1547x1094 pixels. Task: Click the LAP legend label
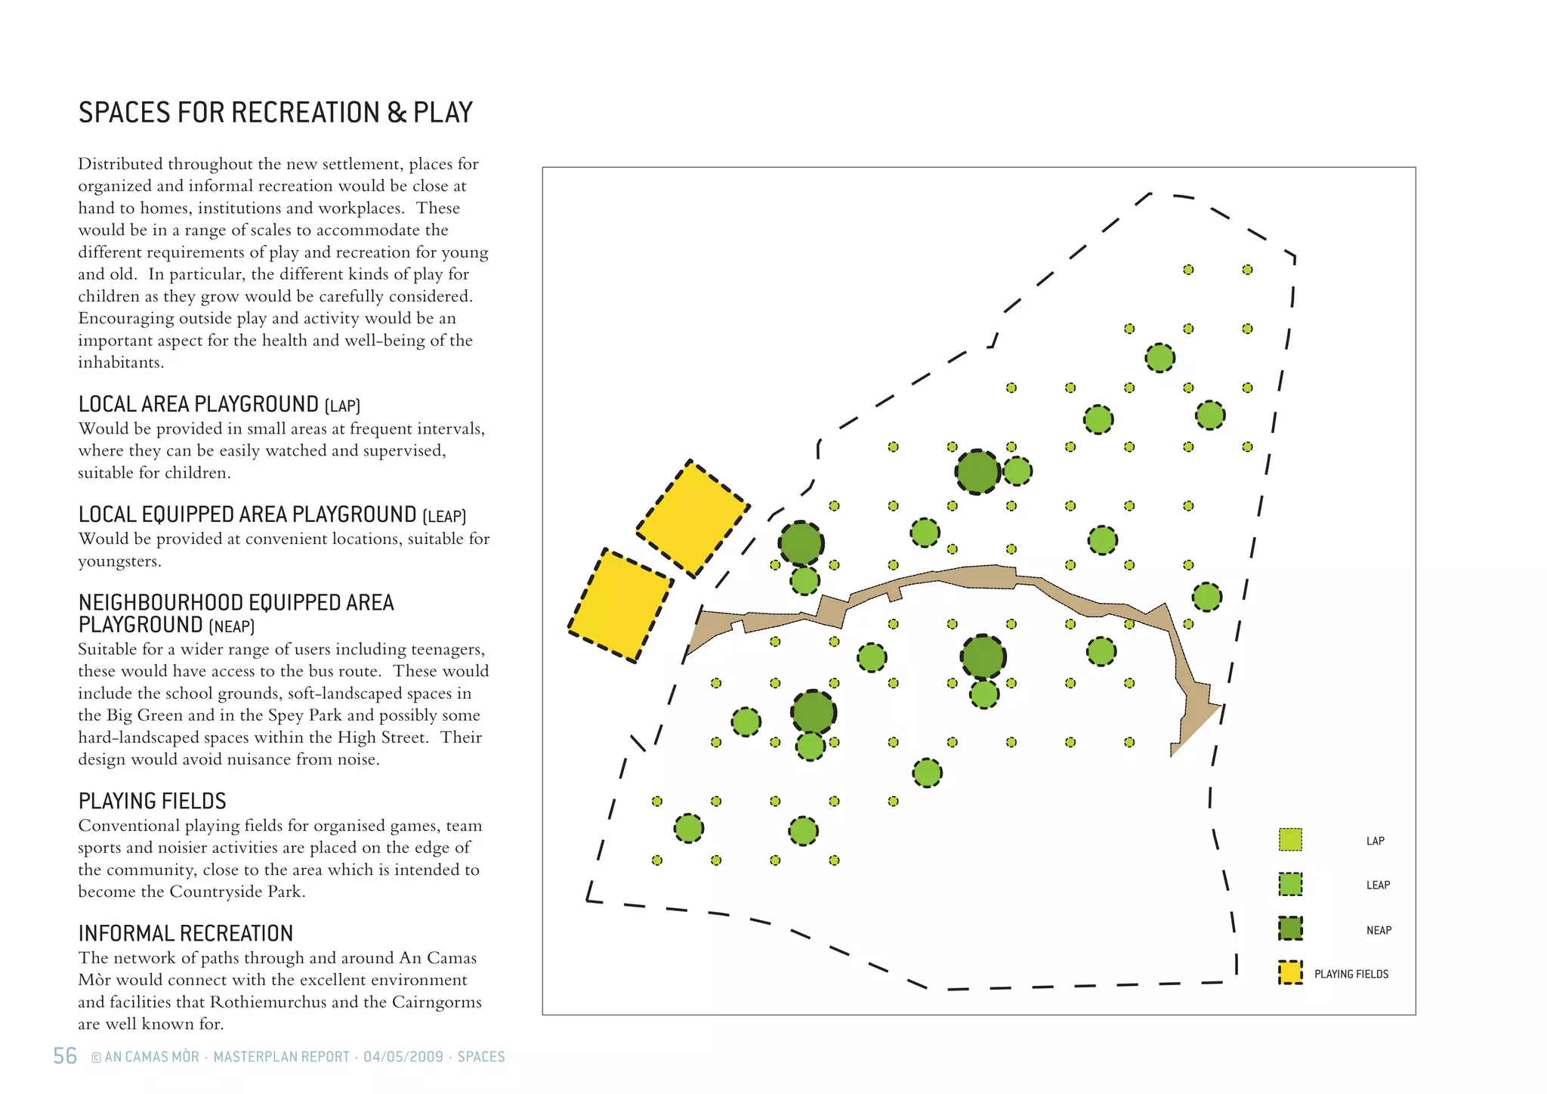point(1375,841)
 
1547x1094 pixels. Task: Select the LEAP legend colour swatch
point(1290,884)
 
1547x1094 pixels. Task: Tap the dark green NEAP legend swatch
point(1290,929)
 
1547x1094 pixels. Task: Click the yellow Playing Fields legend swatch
point(1290,972)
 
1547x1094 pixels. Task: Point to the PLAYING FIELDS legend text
point(1351,974)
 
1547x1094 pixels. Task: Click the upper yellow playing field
point(693,518)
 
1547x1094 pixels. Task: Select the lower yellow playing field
point(620,606)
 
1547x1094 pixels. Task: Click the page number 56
point(65,1055)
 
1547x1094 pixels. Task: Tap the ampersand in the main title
point(397,113)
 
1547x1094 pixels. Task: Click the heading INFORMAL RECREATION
point(185,933)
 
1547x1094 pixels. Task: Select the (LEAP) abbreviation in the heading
point(444,517)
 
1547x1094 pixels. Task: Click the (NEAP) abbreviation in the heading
point(231,627)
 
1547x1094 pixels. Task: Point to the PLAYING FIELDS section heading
point(152,801)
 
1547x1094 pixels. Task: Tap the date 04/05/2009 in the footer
point(403,1056)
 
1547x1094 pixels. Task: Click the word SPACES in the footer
point(481,1056)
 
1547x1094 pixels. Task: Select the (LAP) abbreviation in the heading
point(342,406)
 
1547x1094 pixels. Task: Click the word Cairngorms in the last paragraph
point(437,1002)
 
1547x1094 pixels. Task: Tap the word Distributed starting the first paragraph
point(120,164)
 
